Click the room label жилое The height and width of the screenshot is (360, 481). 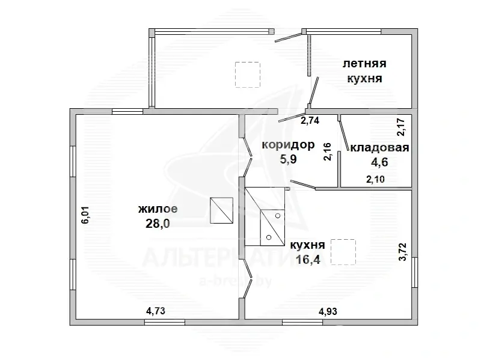click(x=158, y=209)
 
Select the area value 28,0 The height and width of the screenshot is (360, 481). click(x=158, y=223)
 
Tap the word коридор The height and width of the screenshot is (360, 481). click(x=289, y=145)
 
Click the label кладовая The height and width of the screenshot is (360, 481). click(x=379, y=148)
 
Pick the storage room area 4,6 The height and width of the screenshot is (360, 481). click(x=379, y=162)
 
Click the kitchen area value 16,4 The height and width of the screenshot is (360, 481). click(x=307, y=259)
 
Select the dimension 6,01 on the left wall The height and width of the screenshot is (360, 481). click(x=85, y=215)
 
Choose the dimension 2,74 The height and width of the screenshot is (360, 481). click(x=310, y=120)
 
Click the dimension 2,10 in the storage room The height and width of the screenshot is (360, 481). click(x=376, y=178)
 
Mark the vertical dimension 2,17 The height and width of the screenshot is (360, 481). click(x=401, y=127)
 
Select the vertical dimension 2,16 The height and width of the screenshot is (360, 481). click(x=327, y=151)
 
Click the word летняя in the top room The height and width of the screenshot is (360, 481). click(x=364, y=64)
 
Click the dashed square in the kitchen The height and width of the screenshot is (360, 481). click(x=344, y=251)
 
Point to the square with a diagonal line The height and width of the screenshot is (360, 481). click(x=221, y=211)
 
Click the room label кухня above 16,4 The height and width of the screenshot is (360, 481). click(x=307, y=245)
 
